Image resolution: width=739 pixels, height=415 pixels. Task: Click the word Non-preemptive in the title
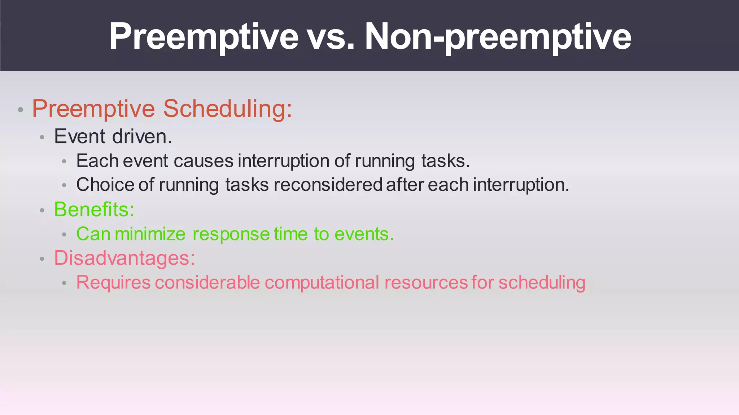498,37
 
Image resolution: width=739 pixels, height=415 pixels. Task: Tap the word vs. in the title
331,37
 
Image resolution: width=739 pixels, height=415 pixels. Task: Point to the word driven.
142,136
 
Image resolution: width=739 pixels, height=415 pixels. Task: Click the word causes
203,160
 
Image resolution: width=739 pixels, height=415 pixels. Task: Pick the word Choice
105,185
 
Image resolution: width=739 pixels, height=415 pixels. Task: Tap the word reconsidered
328,185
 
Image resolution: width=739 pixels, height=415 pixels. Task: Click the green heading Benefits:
94,209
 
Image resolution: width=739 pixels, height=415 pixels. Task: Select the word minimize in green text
150,234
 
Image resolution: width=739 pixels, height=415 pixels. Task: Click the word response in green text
231,234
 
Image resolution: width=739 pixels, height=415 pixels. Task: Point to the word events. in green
364,234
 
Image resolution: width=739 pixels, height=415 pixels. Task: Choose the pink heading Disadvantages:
124,258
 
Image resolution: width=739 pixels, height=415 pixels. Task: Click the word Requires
113,283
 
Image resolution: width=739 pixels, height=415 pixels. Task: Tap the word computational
322,283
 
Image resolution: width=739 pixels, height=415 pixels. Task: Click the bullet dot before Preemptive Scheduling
21,110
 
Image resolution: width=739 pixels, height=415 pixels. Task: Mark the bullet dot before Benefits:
42,211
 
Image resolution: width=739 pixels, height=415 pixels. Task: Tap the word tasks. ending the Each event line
446,160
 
